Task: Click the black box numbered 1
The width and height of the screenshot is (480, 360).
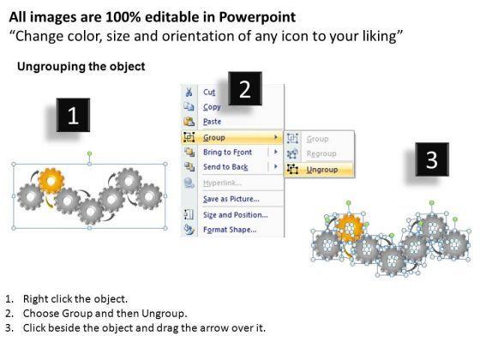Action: click(x=73, y=115)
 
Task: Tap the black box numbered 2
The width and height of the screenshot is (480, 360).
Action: click(x=245, y=89)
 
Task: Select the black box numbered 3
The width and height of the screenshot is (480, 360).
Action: click(x=432, y=159)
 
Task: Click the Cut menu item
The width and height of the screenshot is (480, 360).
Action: click(x=209, y=93)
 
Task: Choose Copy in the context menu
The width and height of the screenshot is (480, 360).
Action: click(x=212, y=107)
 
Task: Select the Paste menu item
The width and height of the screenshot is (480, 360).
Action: click(x=212, y=122)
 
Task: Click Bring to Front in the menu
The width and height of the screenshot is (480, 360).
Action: click(x=227, y=153)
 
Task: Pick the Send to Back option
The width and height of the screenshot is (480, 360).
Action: click(x=225, y=167)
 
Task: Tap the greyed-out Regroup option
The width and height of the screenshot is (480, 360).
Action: click(x=321, y=153)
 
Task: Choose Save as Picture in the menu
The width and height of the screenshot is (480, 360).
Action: click(x=231, y=199)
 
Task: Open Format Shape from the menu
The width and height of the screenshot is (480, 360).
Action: click(x=230, y=230)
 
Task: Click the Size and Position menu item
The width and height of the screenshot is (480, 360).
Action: click(x=236, y=215)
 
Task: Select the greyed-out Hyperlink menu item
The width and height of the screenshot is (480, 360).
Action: click(x=222, y=183)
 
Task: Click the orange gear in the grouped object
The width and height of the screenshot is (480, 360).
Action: click(x=51, y=181)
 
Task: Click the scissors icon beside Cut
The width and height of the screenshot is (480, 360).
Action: click(x=189, y=92)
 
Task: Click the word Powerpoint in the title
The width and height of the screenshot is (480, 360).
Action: click(x=257, y=17)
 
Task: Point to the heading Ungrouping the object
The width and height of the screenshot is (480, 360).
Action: click(x=81, y=67)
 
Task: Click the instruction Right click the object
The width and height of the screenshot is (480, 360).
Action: click(x=75, y=299)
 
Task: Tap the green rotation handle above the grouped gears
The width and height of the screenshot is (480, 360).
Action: click(x=89, y=153)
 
